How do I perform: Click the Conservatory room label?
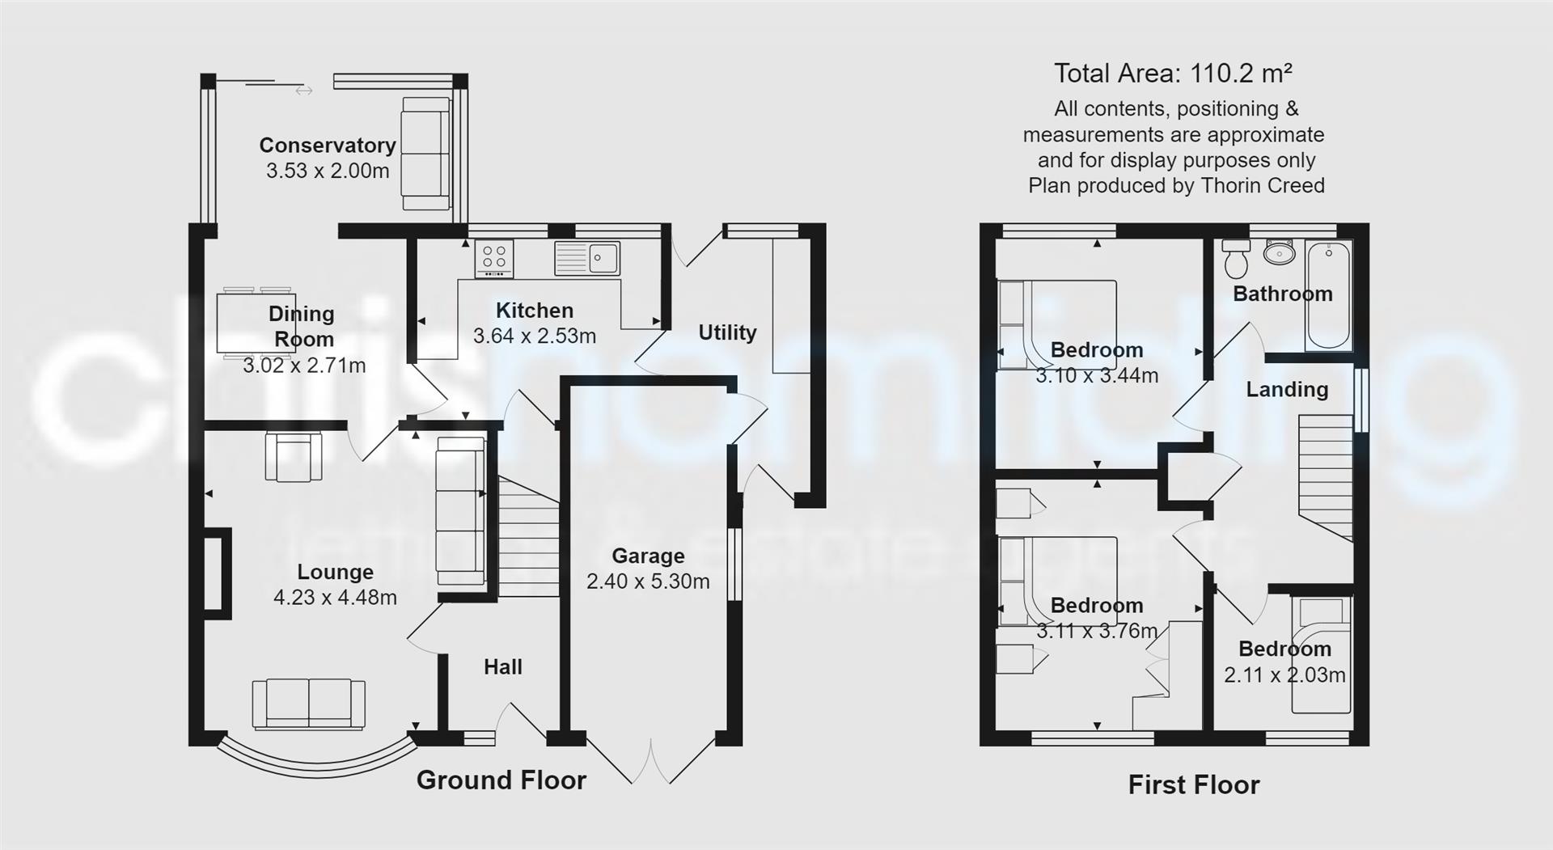[328, 146]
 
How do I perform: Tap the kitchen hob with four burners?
[494, 258]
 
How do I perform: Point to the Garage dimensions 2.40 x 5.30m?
[648, 581]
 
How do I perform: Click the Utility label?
[727, 332]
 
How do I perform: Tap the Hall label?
[502, 667]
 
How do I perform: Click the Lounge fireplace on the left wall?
[218, 573]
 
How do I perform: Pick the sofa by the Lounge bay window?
[308, 704]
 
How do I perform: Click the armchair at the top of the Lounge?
[293, 457]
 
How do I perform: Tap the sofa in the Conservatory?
[425, 154]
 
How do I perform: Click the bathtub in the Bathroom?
[1328, 295]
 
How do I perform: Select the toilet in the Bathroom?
[1236, 258]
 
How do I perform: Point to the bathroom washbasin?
[1280, 253]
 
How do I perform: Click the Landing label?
[1286, 390]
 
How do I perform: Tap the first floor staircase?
[1326, 477]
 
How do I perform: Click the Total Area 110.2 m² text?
[1173, 74]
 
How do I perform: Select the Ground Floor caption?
[501, 780]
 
